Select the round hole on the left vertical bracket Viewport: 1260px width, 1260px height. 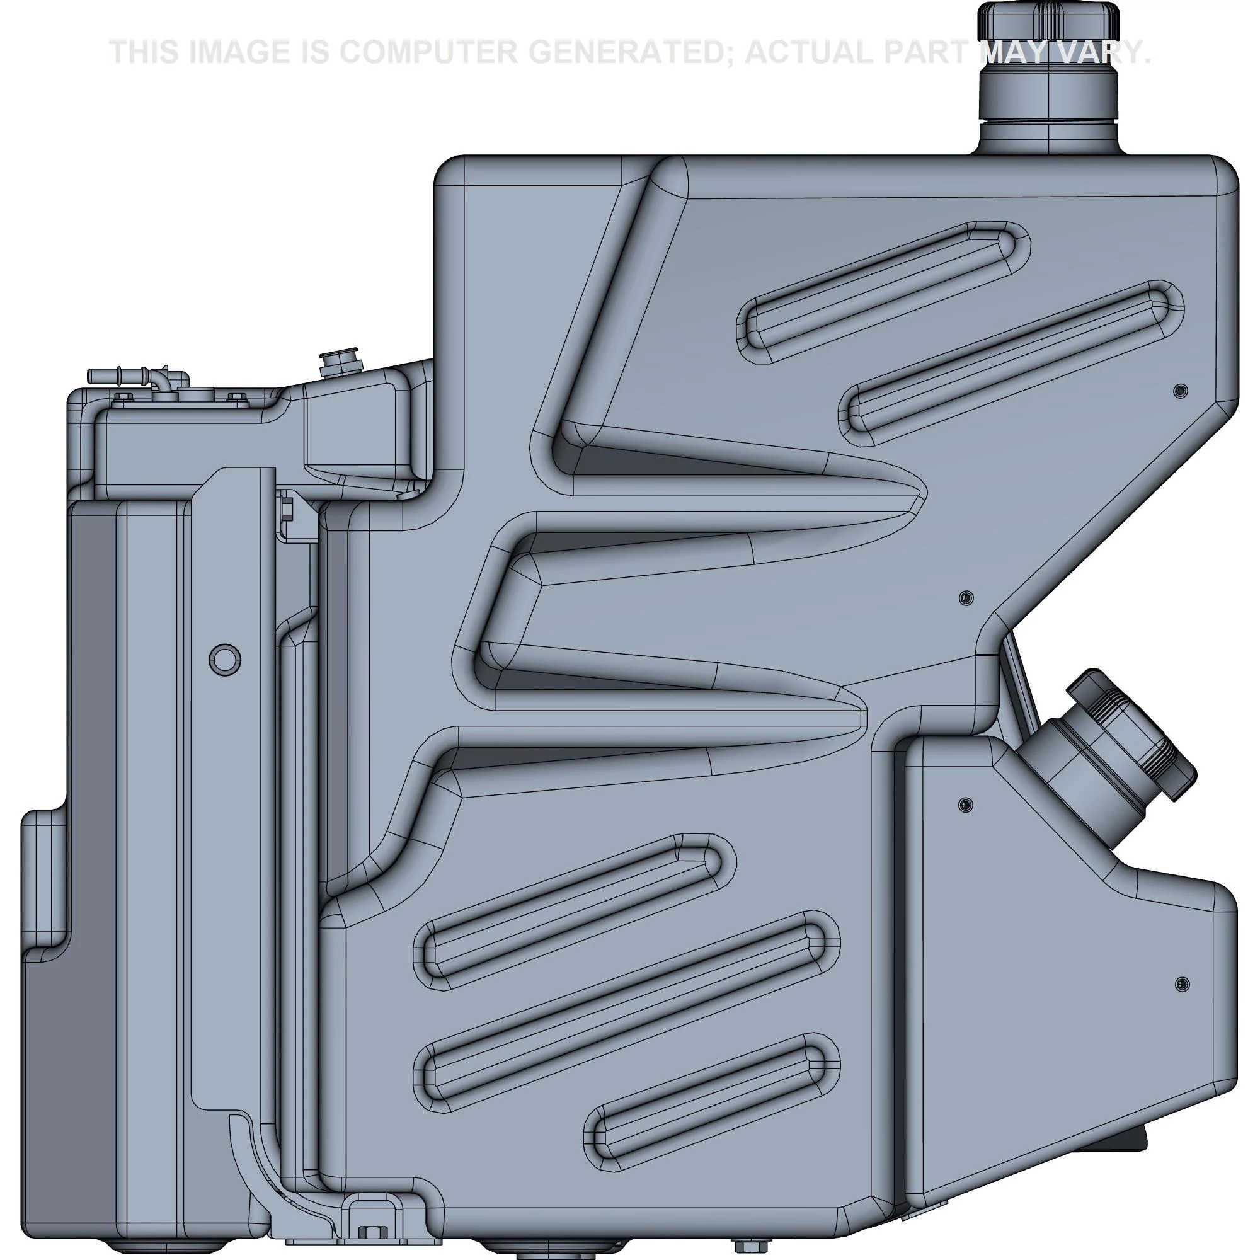coord(224,660)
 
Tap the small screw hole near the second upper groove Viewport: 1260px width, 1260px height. coord(1180,391)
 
